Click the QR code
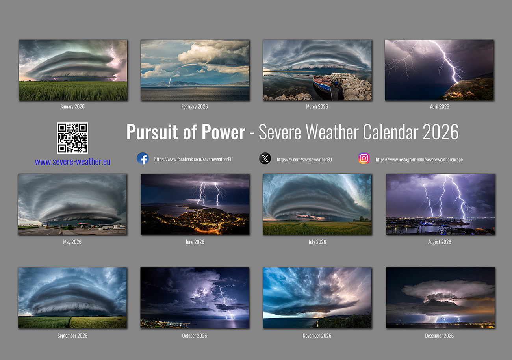[x=72, y=138]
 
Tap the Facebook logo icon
[x=143, y=159]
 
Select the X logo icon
[x=265, y=159]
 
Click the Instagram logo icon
[x=364, y=158]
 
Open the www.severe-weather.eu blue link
[x=72, y=162]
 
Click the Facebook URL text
[x=193, y=160]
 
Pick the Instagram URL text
[x=419, y=160]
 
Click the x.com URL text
[x=304, y=160]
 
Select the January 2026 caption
[x=72, y=107]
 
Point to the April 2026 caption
[x=440, y=107]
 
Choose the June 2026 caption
[x=195, y=242]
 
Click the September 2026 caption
[x=72, y=336]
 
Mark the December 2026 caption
[x=440, y=336]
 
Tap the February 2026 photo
[x=195, y=70]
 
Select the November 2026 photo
[x=317, y=298]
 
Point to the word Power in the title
[x=224, y=132]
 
